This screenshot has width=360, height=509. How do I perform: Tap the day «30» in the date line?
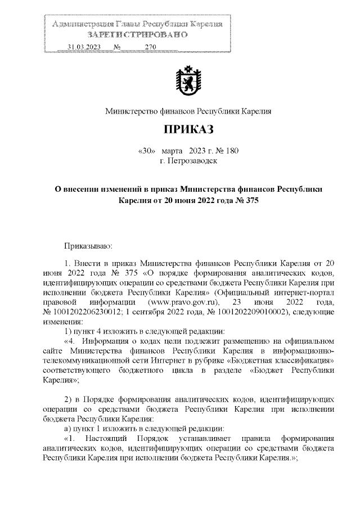(146, 151)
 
